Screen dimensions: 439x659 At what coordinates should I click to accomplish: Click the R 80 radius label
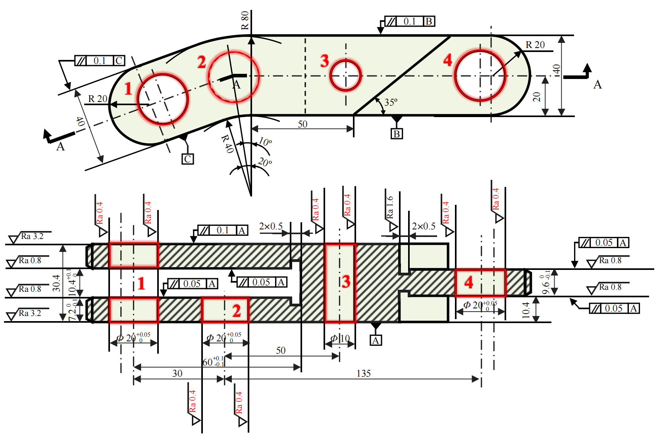[245, 20]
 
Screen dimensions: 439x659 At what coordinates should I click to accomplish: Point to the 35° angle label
[391, 102]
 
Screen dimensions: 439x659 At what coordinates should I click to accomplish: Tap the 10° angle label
[265, 142]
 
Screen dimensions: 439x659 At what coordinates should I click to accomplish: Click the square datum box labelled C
[187, 159]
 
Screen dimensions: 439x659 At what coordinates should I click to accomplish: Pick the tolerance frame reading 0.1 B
[410, 21]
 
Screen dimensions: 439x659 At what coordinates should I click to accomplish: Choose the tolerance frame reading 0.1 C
[100, 61]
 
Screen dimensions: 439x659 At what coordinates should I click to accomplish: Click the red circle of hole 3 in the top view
[345, 75]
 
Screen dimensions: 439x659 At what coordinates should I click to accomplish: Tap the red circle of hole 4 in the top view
[480, 75]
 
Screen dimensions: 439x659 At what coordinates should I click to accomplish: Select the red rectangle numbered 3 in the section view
[340, 283]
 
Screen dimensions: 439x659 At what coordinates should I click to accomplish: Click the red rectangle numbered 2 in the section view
[225, 310]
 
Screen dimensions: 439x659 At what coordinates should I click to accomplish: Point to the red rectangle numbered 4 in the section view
[480, 283]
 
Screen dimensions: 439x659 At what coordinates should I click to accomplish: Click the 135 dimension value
[363, 374]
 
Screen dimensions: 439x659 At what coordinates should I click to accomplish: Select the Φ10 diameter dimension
[340, 339]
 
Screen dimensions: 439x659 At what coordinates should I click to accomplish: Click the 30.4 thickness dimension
[56, 283]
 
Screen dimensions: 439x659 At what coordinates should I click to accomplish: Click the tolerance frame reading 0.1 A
[223, 230]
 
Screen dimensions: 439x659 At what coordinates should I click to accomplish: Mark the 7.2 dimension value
[72, 312]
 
